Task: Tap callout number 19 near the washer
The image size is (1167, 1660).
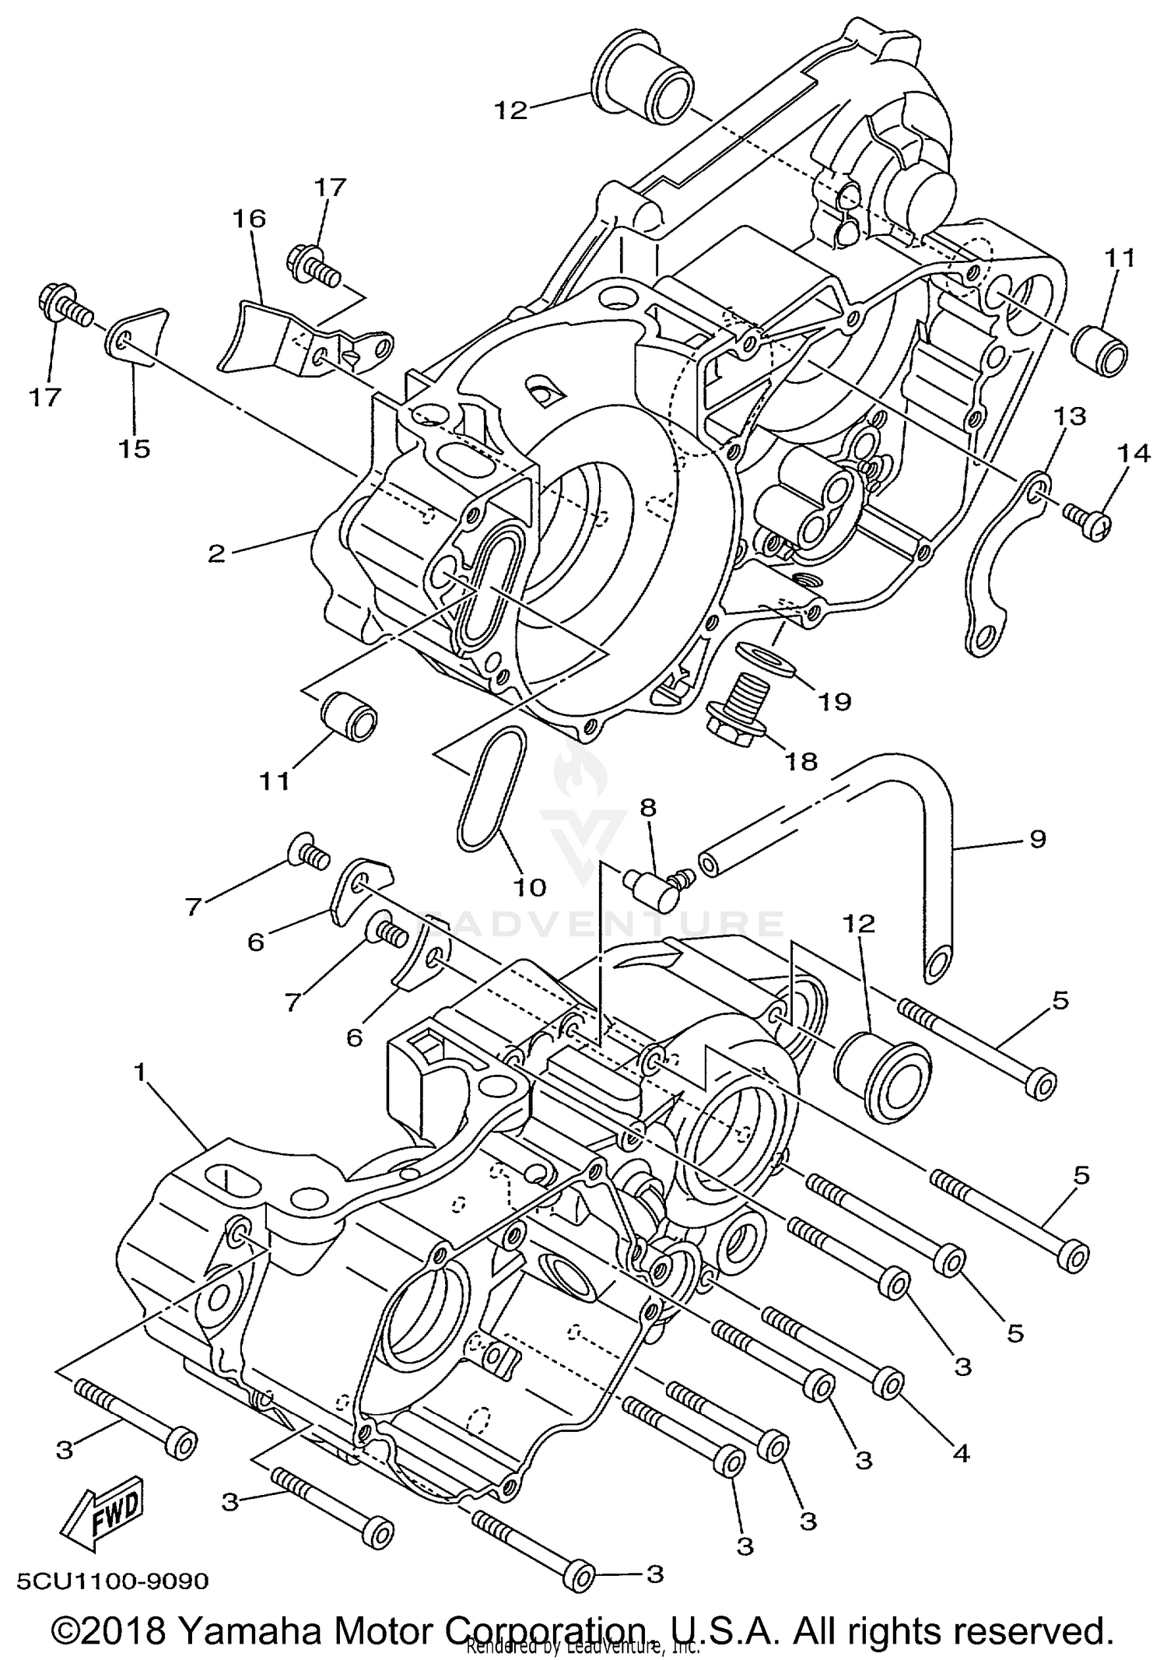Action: (x=835, y=700)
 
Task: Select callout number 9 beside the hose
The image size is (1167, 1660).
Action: (x=1037, y=839)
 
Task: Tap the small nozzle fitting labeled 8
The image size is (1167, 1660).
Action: (x=654, y=890)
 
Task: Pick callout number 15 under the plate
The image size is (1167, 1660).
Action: (x=134, y=448)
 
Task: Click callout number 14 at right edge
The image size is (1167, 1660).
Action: (x=1134, y=453)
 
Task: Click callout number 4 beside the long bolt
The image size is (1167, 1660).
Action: (x=962, y=1452)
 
